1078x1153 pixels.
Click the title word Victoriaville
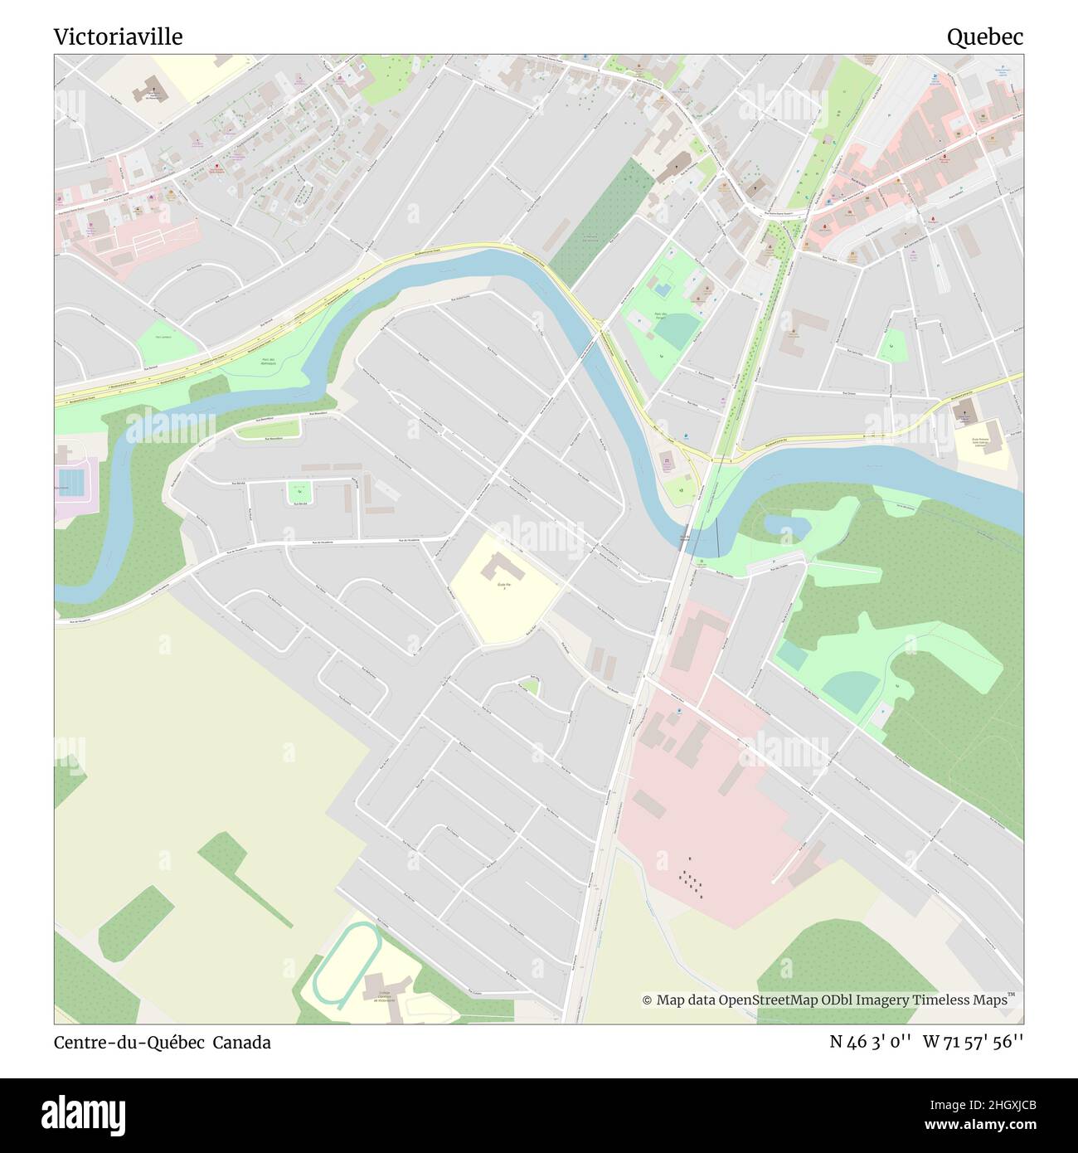[x=118, y=36]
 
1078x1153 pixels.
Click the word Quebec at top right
[x=984, y=36]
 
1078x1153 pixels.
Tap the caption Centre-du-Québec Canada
[x=162, y=1043]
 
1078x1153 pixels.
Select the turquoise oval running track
[x=347, y=964]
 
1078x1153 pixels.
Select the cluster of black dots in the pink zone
[x=691, y=883]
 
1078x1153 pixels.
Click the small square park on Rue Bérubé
[x=299, y=491]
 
